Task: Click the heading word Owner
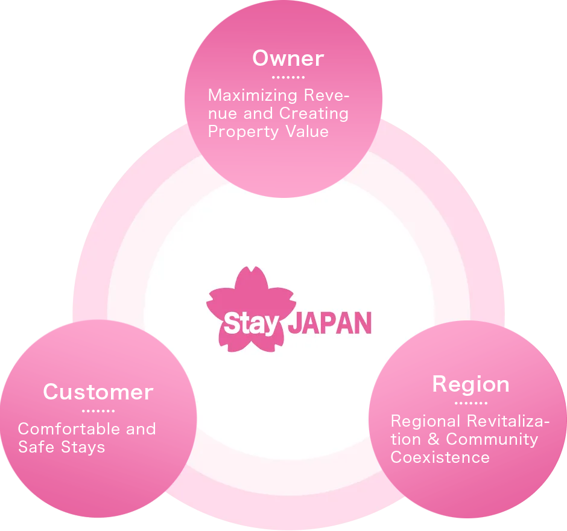[x=288, y=59]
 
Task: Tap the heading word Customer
[x=98, y=392]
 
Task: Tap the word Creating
[x=314, y=113]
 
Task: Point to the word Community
[x=492, y=439]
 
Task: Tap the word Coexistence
[x=440, y=457]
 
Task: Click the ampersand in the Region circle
[x=433, y=439]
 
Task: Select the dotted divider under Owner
[x=288, y=77]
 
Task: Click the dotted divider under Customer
[x=98, y=411]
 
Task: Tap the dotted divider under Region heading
[x=470, y=403]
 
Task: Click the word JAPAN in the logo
[x=329, y=323]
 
